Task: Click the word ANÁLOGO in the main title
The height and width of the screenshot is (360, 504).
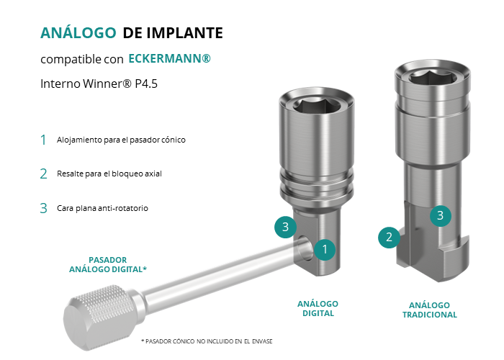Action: [x=78, y=32]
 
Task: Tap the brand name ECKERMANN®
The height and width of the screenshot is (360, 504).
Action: [x=169, y=58]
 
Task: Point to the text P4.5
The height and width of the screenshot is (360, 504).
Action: [x=146, y=84]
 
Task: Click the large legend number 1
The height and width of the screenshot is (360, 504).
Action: [x=43, y=140]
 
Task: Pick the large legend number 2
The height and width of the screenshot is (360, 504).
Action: [x=43, y=174]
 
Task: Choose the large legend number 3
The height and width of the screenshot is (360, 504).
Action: [x=43, y=208]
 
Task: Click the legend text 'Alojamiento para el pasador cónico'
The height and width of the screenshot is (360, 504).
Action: [x=121, y=140]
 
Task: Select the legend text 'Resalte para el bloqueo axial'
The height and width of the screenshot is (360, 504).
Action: [x=109, y=174]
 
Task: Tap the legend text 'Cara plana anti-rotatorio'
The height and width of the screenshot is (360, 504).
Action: [x=102, y=208]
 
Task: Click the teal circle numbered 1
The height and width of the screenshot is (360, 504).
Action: [x=325, y=249]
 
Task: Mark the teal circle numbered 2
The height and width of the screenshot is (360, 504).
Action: [x=389, y=237]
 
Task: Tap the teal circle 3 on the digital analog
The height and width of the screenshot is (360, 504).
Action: [x=285, y=227]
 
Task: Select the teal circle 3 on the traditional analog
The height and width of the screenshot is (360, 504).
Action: [x=441, y=215]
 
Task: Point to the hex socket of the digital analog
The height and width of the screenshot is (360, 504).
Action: [x=317, y=107]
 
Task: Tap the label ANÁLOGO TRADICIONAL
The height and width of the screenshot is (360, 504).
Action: [x=429, y=310]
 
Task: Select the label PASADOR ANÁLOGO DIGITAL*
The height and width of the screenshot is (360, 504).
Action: [x=108, y=264]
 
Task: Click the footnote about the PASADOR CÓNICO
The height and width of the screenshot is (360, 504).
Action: [x=207, y=341]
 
